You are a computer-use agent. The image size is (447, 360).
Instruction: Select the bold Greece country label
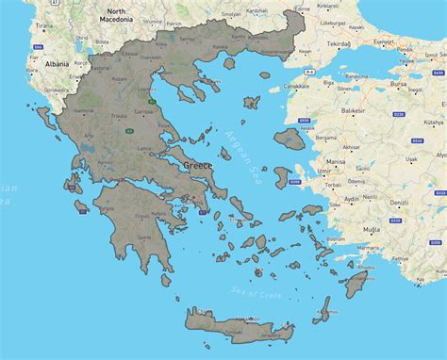pyautogui.click(x=198, y=164)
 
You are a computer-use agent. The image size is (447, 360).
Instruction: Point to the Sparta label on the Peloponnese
pyautogui.click(x=142, y=237)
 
